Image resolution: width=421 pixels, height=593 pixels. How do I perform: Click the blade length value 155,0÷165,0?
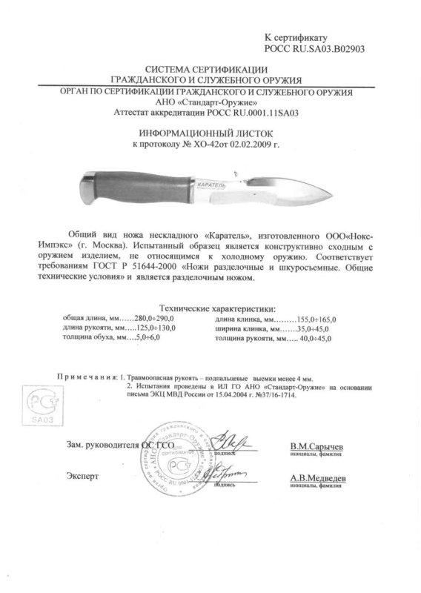coord(314,317)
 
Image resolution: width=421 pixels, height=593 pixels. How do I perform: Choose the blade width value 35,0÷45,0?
coord(316,327)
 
